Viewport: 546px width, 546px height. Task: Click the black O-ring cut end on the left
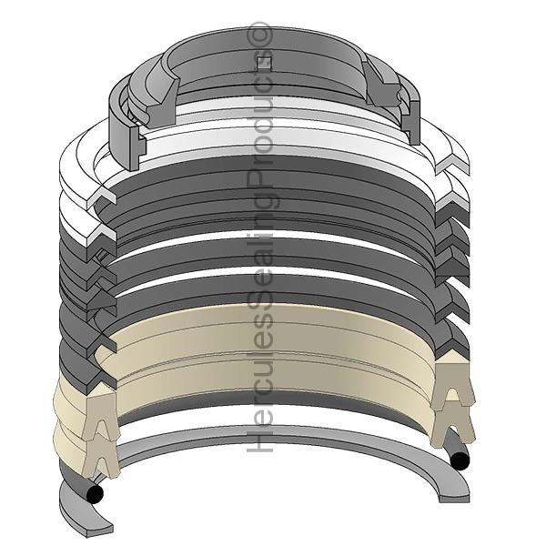coord(95,493)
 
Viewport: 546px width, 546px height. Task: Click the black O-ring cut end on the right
coord(460,461)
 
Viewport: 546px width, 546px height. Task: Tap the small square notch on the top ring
coord(264,63)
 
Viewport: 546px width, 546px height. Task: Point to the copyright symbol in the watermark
coord(259,34)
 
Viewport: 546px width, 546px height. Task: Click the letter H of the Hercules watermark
coord(259,440)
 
